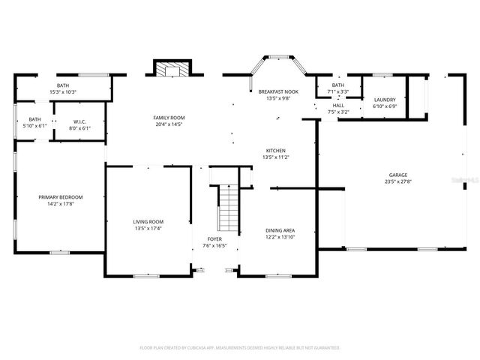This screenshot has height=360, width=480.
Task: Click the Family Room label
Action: click(x=169, y=118)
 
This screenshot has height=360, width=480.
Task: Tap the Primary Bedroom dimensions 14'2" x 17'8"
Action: click(x=61, y=203)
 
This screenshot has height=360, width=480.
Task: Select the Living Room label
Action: click(x=148, y=222)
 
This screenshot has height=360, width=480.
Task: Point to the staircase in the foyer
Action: click(x=227, y=208)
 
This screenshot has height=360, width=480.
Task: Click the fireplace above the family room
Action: click(x=173, y=69)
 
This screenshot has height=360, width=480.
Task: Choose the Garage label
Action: click(x=397, y=175)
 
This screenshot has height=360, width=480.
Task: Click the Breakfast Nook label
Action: click(x=278, y=91)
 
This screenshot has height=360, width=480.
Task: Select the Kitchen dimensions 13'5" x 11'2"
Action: click(x=275, y=157)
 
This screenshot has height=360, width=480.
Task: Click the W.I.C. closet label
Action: click(x=81, y=121)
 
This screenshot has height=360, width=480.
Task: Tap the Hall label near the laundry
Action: click(x=338, y=106)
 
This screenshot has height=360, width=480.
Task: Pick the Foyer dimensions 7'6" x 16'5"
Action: click(x=214, y=245)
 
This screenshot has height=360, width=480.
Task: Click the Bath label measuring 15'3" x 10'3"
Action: click(x=63, y=91)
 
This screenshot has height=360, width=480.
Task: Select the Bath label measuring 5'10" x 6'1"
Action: click(x=34, y=125)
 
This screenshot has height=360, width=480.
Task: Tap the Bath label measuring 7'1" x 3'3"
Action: click(x=338, y=91)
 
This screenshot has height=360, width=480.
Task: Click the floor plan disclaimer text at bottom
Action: click(x=240, y=348)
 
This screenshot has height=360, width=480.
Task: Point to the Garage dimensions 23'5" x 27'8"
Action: click(x=397, y=181)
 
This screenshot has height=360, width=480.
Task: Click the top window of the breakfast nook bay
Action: click(x=279, y=56)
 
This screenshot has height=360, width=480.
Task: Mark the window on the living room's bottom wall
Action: click(x=147, y=276)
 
